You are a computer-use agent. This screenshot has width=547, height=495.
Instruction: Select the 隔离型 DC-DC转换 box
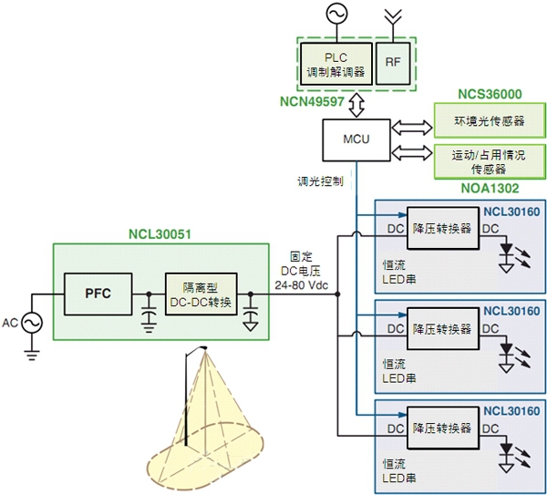(199, 294)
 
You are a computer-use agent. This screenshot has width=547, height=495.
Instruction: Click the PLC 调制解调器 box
(335, 63)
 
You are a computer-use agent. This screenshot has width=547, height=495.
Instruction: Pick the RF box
(393, 63)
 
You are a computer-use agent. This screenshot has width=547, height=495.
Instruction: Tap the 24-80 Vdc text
(301, 284)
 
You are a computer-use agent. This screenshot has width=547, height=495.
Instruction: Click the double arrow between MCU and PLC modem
(355, 104)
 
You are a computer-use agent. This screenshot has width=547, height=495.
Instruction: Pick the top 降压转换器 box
(441, 229)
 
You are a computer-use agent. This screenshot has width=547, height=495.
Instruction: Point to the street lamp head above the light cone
(202, 346)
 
